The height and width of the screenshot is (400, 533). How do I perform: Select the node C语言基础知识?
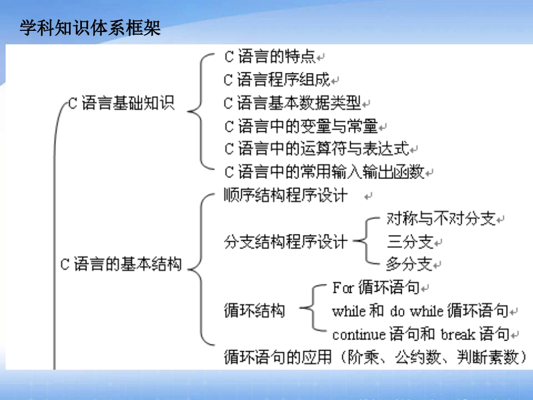coord(121,103)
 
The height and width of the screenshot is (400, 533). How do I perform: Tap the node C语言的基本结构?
coord(121,264)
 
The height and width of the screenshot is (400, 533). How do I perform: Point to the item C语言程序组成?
coord(277,80)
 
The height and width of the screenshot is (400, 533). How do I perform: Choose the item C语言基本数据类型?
coord(292,103)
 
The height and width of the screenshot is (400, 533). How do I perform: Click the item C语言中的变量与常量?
coord(301,126)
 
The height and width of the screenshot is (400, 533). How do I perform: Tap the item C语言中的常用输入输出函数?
coord(324,172)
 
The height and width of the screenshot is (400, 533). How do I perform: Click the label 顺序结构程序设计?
coord(286,195)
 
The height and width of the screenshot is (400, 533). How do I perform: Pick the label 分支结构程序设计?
coord(286,242)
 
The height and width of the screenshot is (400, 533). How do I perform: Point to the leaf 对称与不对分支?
coord(442,219)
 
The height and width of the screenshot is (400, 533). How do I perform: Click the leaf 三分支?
coord(410,242)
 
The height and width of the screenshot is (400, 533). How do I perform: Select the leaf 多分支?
coord(410,264)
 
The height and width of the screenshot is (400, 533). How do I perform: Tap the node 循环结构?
coord(254,310)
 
